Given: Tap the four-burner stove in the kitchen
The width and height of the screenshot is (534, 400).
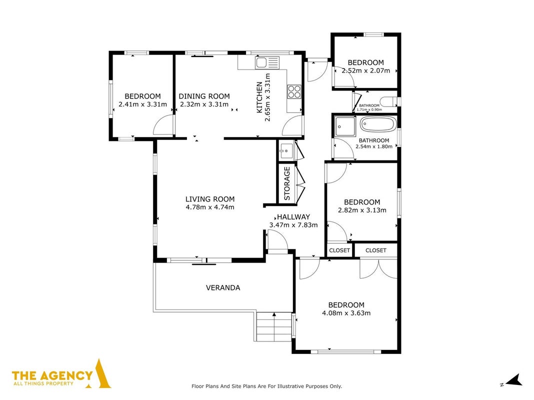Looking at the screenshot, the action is [294, 91].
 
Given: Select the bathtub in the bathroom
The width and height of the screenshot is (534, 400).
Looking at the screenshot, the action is [378, 124].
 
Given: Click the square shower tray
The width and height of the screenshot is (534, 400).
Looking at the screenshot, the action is [345, 126].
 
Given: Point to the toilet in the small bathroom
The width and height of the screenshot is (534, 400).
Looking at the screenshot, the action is [388, 102].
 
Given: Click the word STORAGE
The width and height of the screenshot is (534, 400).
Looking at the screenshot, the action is [287, 183].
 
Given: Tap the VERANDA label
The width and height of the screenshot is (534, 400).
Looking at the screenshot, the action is [223, 287].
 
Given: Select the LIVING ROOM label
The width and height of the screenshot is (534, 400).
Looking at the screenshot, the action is [210, 199].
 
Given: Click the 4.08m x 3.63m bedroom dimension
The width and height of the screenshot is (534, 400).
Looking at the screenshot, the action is [346, 313].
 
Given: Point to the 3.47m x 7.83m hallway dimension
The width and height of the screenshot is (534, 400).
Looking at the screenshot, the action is [293, 224].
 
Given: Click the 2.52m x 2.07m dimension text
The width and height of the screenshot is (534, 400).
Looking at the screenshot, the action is [366, 71].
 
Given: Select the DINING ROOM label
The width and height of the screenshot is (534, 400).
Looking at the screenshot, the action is [204, 96].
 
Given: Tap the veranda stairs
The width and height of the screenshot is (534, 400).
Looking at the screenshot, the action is [274, 327].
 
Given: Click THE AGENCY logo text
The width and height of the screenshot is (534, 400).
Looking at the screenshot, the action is [52, 375].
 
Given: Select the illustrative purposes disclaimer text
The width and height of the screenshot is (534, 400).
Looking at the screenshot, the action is [266, 386].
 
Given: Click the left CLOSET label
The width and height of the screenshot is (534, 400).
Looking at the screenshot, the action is [339, 250].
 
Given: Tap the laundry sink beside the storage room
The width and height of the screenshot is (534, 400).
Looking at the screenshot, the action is [286, 151].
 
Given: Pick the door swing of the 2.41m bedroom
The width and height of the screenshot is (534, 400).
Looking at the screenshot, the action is [163, 125].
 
